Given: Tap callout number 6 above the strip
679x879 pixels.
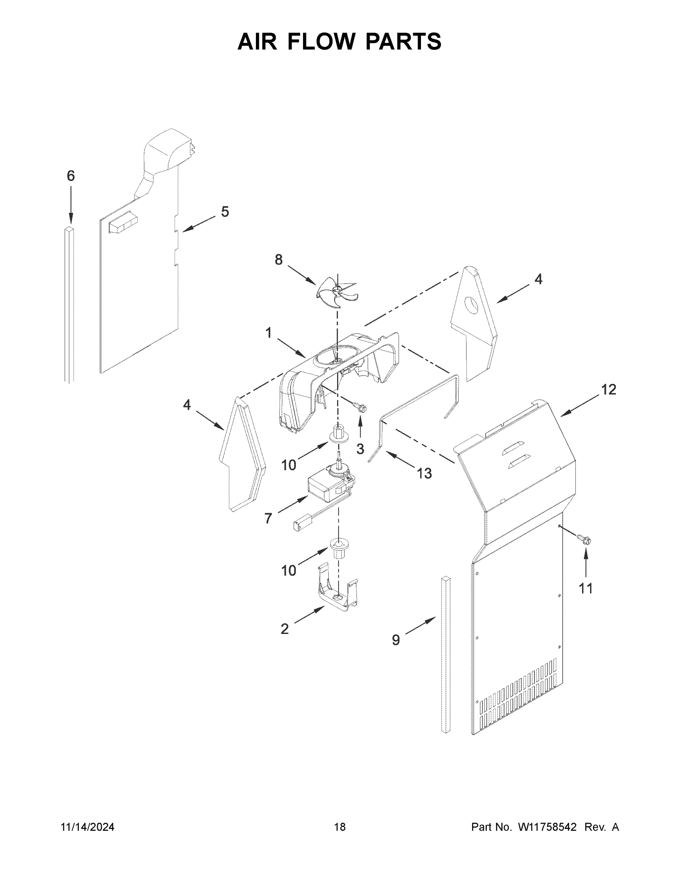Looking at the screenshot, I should (70, 176).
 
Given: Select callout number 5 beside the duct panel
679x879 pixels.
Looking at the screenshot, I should (225, 212).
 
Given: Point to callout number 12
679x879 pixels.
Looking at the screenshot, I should (609, 389).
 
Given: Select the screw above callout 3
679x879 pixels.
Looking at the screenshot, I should (360, 408).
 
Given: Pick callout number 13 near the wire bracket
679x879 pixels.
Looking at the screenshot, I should (424, 474).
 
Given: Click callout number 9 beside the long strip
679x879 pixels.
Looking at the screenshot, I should (396, 640).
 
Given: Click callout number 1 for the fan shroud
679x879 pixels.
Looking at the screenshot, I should (268, 333).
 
